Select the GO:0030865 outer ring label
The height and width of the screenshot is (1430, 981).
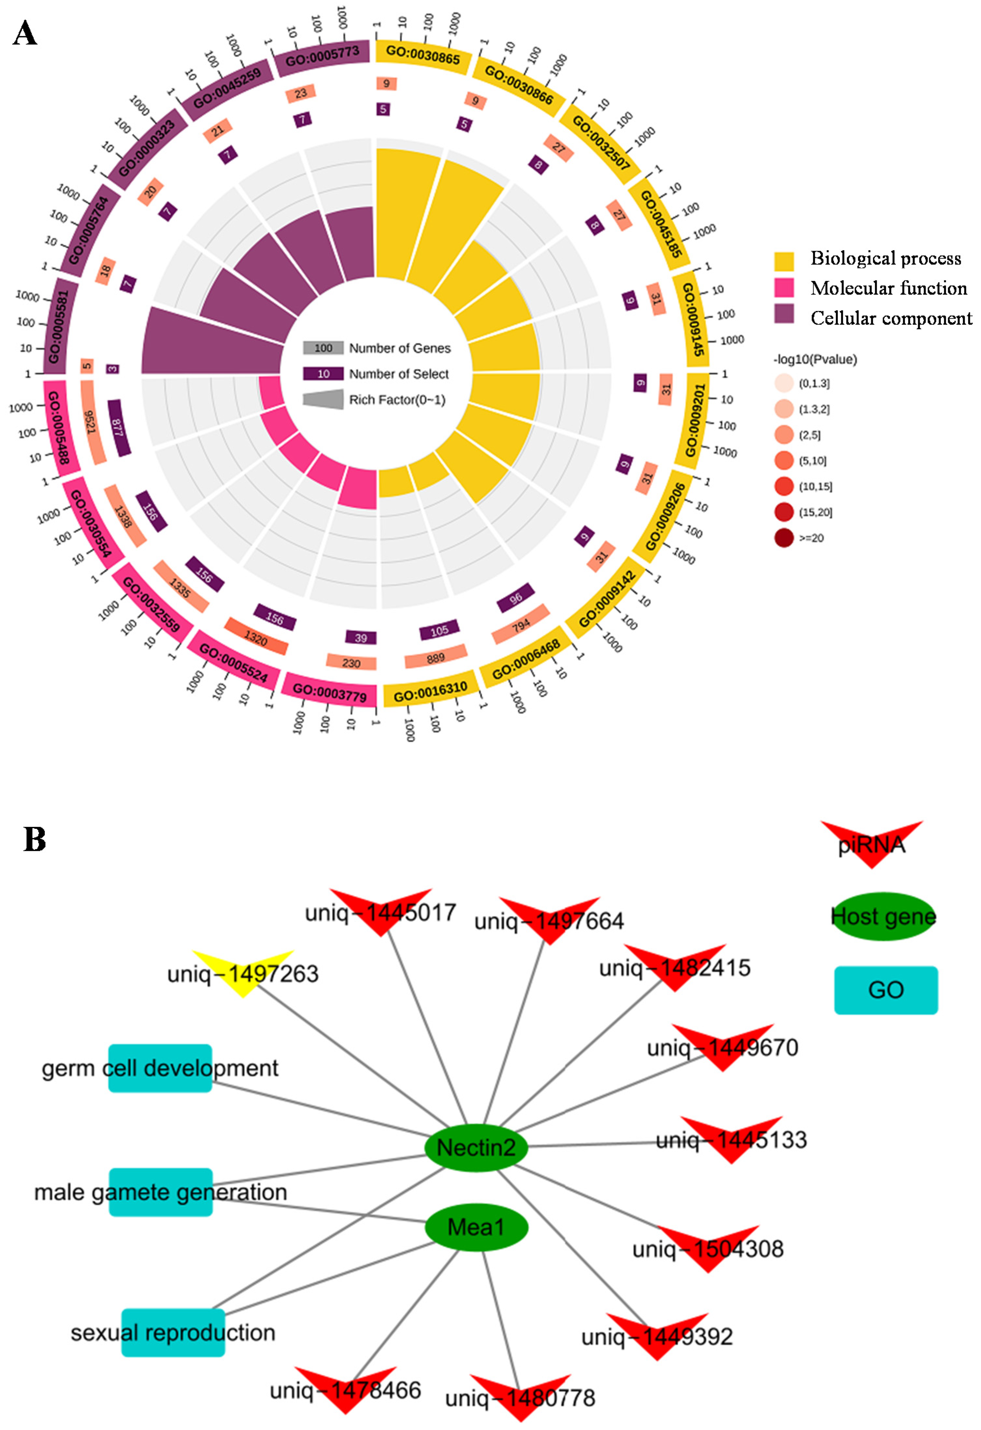[x=423, y=55]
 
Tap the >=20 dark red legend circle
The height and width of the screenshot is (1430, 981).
[x=784, y=538]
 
